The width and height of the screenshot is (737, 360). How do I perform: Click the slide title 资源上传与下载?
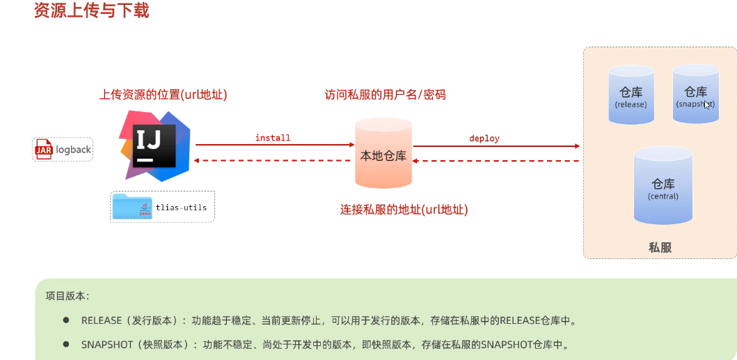coord(91,10)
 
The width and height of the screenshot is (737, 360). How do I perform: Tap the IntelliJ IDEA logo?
coord(154,144)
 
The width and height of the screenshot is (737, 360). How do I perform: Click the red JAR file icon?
coord(44,149)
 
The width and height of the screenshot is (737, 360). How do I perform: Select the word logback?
coord(74,150)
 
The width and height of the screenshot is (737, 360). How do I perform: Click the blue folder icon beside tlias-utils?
coord(132,206)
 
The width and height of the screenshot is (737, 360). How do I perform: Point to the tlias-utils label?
coord(181,208)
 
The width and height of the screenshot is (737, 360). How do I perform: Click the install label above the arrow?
coord(273,138)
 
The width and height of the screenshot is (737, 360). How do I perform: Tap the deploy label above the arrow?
coord(484,138)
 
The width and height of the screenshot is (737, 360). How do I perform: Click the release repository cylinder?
coord(631,95)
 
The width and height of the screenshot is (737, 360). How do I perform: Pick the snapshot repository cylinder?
coord(695,94)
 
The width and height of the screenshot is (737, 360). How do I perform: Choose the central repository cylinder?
coord(663,186)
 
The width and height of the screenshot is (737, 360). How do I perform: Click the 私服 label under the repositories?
coord(660,247)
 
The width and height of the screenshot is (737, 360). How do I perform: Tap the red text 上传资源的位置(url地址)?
coord(163,95)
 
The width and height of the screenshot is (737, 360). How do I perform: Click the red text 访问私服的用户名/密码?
coord(385,95)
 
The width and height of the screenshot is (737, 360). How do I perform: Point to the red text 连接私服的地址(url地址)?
coord(404,209)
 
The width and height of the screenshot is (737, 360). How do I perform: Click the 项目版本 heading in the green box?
coord(67,295)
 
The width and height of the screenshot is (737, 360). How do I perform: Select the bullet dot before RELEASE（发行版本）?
coord(66,320)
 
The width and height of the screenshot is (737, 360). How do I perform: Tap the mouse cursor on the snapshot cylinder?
coord(706,104)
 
